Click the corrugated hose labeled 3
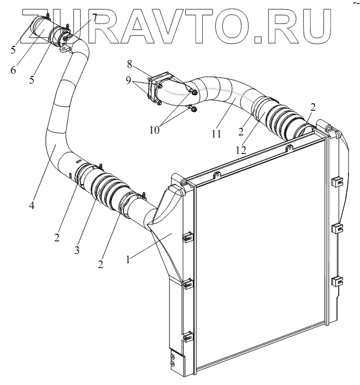(107, 188)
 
